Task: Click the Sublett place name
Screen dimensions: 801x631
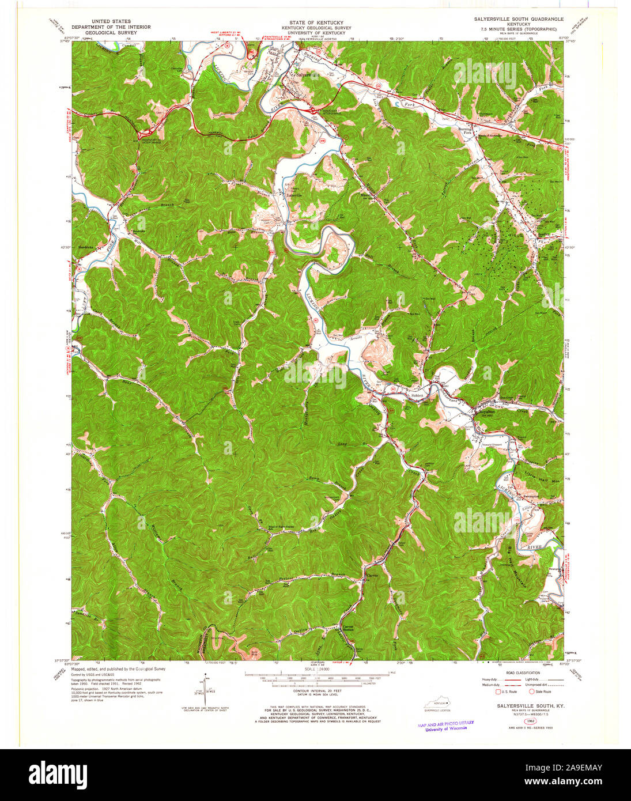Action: [417, 396]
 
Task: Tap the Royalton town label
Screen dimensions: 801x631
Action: [483, 413]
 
